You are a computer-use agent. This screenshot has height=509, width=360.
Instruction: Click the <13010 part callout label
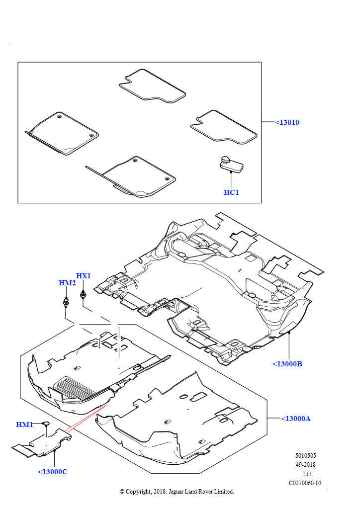(287, 122)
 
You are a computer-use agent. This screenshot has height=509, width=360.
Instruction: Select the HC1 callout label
(231, 192)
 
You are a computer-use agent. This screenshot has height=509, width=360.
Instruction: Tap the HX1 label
(83, 276)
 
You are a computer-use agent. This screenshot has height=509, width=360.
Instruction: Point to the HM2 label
(67, 283)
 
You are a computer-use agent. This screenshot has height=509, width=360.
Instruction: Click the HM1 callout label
(24, 424)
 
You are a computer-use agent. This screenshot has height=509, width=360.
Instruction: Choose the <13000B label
(287, 364)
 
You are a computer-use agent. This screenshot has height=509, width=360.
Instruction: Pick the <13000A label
(296, 419)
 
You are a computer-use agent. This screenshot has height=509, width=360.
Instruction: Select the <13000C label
(53, 472)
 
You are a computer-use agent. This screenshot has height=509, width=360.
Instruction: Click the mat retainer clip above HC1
(231, 164)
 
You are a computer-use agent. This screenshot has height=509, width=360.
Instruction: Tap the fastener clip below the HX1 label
(84, 295)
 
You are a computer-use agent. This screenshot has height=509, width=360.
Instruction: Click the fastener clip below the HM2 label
(66, 302)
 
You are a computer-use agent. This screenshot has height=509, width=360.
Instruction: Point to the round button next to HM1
(46, 424)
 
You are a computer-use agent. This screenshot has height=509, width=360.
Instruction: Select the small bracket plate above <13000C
(42, 443)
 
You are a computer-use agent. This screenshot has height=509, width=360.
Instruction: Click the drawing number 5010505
(305, 455)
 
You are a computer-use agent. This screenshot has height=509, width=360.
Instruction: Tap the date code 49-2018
(305, 465)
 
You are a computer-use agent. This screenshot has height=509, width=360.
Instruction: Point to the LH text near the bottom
(307, 474)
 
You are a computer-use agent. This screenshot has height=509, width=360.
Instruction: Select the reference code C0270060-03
(305, 483)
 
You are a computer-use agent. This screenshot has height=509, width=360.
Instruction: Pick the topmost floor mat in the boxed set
(152, 85)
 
